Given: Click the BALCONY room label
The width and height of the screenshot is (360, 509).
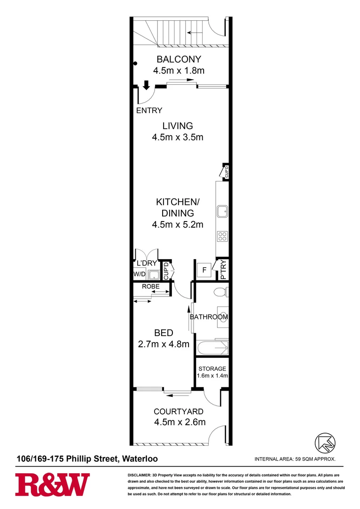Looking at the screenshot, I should pos(179,59).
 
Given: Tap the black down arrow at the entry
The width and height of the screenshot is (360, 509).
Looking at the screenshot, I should pos(146,85).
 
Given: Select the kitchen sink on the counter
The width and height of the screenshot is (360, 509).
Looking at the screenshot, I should pos(222,211).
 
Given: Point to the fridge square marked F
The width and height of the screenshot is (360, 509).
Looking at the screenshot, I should pos(204,271).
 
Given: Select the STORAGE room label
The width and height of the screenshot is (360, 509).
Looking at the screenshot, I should pos(212,369).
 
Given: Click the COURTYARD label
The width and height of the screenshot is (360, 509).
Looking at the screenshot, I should pos(179,411).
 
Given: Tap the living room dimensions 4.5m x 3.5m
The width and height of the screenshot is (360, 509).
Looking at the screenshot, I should pos(177,138).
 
